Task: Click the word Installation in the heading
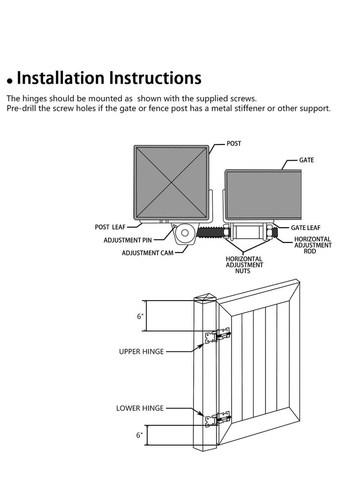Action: (60, 78)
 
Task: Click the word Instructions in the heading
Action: (154, 78)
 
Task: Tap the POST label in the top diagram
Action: (234, 144)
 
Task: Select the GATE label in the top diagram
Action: (306, 160)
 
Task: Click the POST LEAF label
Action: (110, 227)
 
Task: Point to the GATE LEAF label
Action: (306, 228)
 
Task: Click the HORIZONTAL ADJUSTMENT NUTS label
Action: (244, 265)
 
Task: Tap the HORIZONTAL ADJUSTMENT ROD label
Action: (312, 245)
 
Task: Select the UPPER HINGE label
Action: (141, 351)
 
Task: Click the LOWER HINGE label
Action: (140, 408)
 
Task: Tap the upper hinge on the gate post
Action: (218, 336)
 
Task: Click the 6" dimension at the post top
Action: (140, 316)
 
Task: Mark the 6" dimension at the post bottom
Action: (140, 435)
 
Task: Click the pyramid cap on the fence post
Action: (205, 297)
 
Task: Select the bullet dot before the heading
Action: (9, 82)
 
